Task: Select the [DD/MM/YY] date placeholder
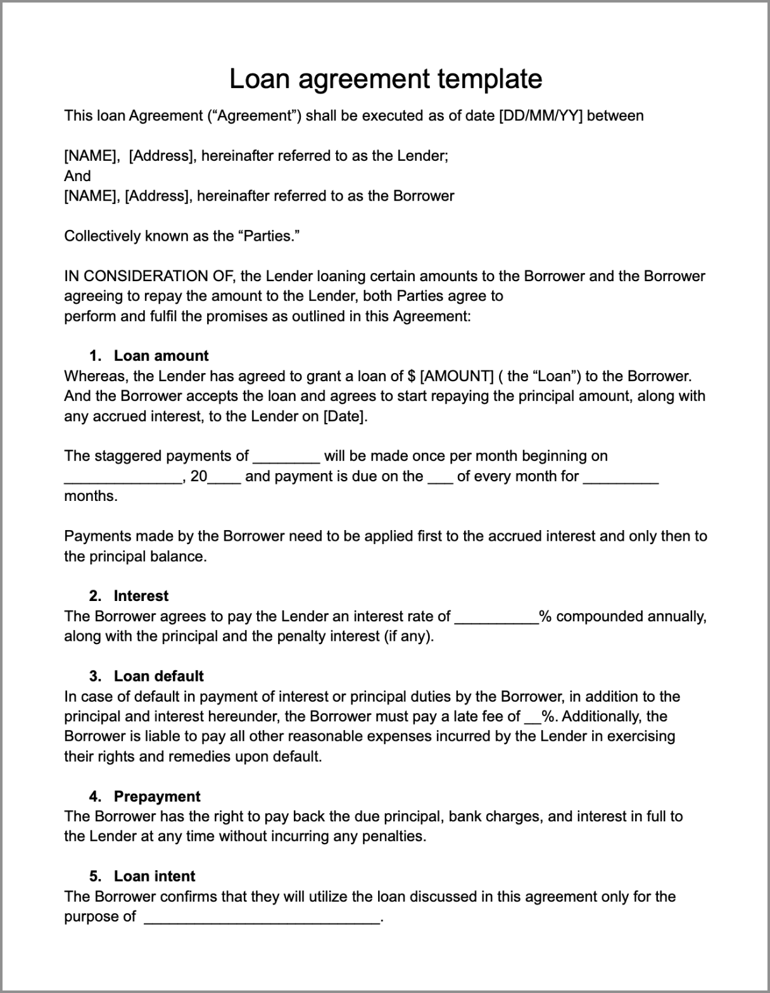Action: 541,116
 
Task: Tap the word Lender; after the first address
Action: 422,156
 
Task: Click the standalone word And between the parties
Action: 77,176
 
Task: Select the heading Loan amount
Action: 161,356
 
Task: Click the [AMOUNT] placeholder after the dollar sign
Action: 456,376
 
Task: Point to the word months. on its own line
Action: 91,496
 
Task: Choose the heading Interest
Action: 141,596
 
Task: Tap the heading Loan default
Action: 158,676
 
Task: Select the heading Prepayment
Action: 157,796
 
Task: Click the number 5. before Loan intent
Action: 95,876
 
